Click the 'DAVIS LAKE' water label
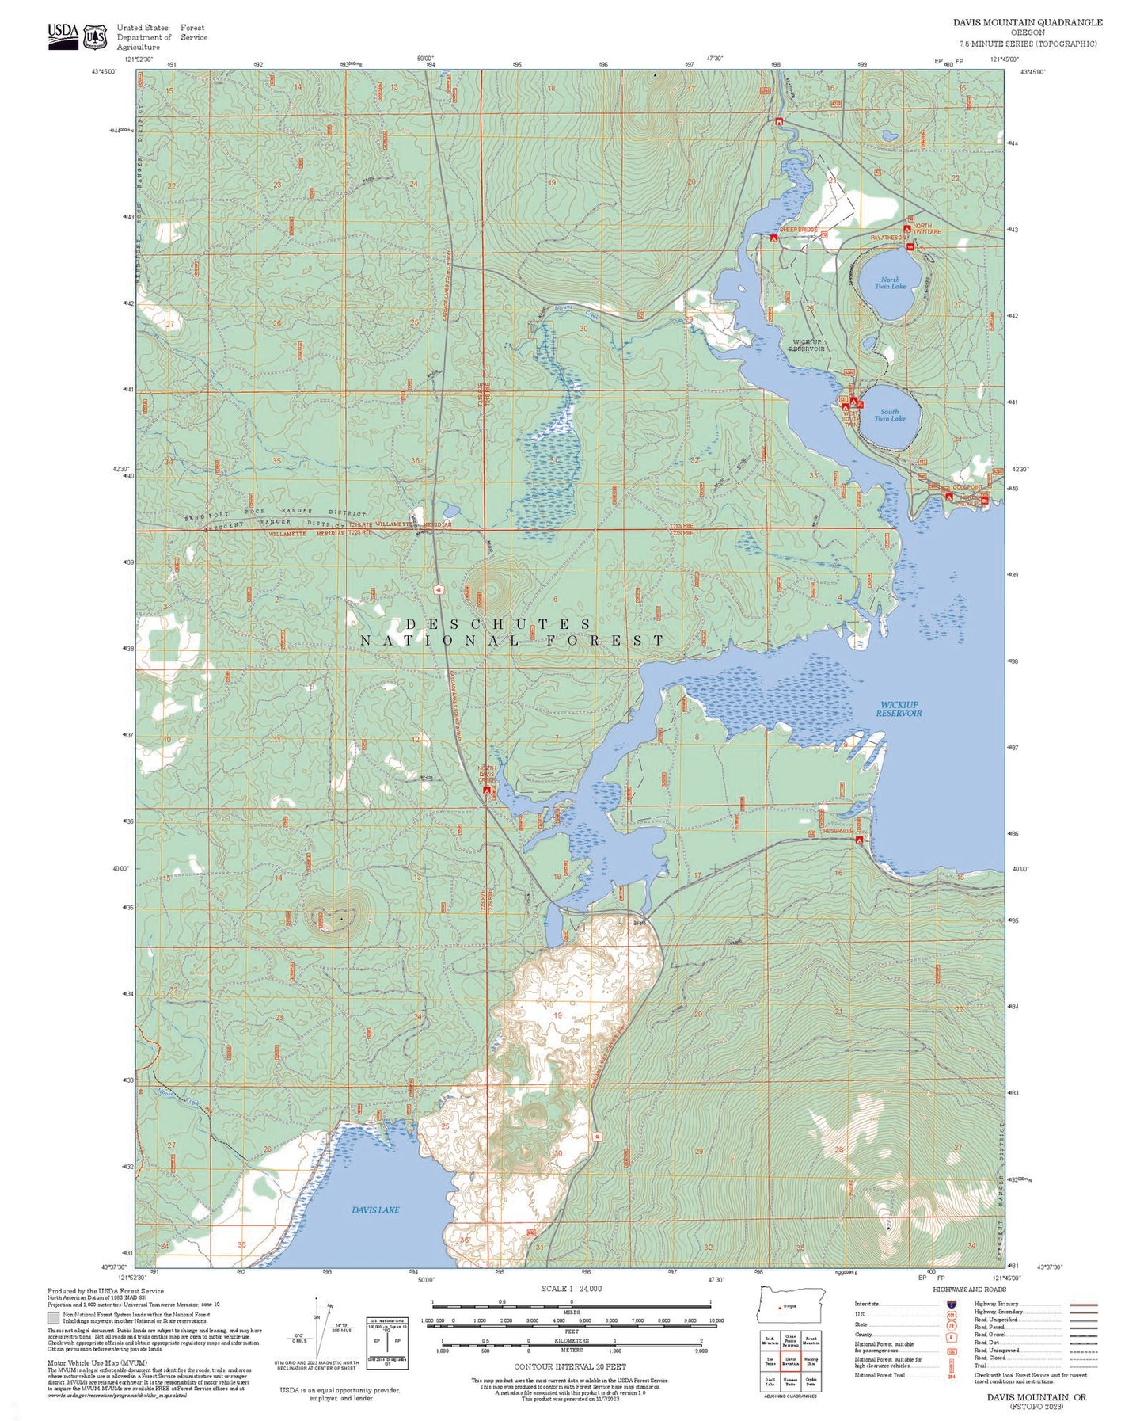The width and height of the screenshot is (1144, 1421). click(x=375, y=1210)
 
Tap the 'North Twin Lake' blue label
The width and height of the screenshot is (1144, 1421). click(x=890, y=283)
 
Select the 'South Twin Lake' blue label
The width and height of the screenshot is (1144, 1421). click(x=890, y=415)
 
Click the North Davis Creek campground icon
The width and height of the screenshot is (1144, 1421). click(x=487, y=789)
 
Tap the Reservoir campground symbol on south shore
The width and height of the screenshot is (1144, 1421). click(x=860, y=839)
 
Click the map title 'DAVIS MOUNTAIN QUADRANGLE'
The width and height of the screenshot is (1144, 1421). click(x=1027, y=22)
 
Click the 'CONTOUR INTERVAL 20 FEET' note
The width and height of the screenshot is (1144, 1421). click(x=570, y=1366)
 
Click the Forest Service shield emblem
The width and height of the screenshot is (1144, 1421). click(x=96, y=36)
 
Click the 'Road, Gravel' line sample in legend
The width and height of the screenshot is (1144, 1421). click(x=1083, y=1335)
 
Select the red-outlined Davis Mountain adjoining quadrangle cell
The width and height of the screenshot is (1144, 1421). click(x=790, y=1362)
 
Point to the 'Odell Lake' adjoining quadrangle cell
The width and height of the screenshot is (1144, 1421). click(x=770, y=1381)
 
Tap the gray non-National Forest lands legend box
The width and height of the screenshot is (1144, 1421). click(x=53, y=1319)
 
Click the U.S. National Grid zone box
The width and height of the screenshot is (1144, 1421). click(x=388, y=1341)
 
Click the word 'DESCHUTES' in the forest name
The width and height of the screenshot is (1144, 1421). click(x=499, y=625)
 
